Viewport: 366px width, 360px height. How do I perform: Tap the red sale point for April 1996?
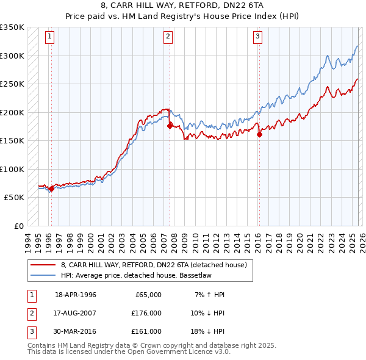[51, 189]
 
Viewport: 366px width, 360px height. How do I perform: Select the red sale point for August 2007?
[170, 126]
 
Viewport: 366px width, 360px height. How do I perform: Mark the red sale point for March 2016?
[259, 134]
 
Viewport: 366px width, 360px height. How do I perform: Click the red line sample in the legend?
[43, 265]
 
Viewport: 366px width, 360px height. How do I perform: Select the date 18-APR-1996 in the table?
[76, 295]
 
